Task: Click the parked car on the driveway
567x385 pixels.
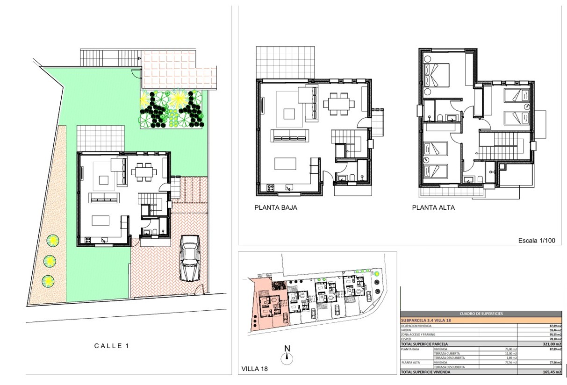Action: tap(190, 258)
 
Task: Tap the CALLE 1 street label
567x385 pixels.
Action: tap(111, 346)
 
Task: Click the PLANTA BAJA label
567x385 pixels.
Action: tap(275, 208)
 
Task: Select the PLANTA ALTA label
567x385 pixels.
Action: tap(433, 208)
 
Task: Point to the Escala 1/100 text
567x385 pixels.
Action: tap(537, 241)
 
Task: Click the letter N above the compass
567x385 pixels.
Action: tap(287, 348)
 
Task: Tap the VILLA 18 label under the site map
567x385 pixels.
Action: tap(255, 369)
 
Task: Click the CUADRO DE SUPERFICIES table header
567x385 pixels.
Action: tap(481, 314)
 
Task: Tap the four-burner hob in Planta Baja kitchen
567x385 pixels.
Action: tap(270, 188)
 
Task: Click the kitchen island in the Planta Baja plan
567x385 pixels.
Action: tap(285, 164)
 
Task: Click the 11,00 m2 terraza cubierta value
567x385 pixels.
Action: tap(510, 354)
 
